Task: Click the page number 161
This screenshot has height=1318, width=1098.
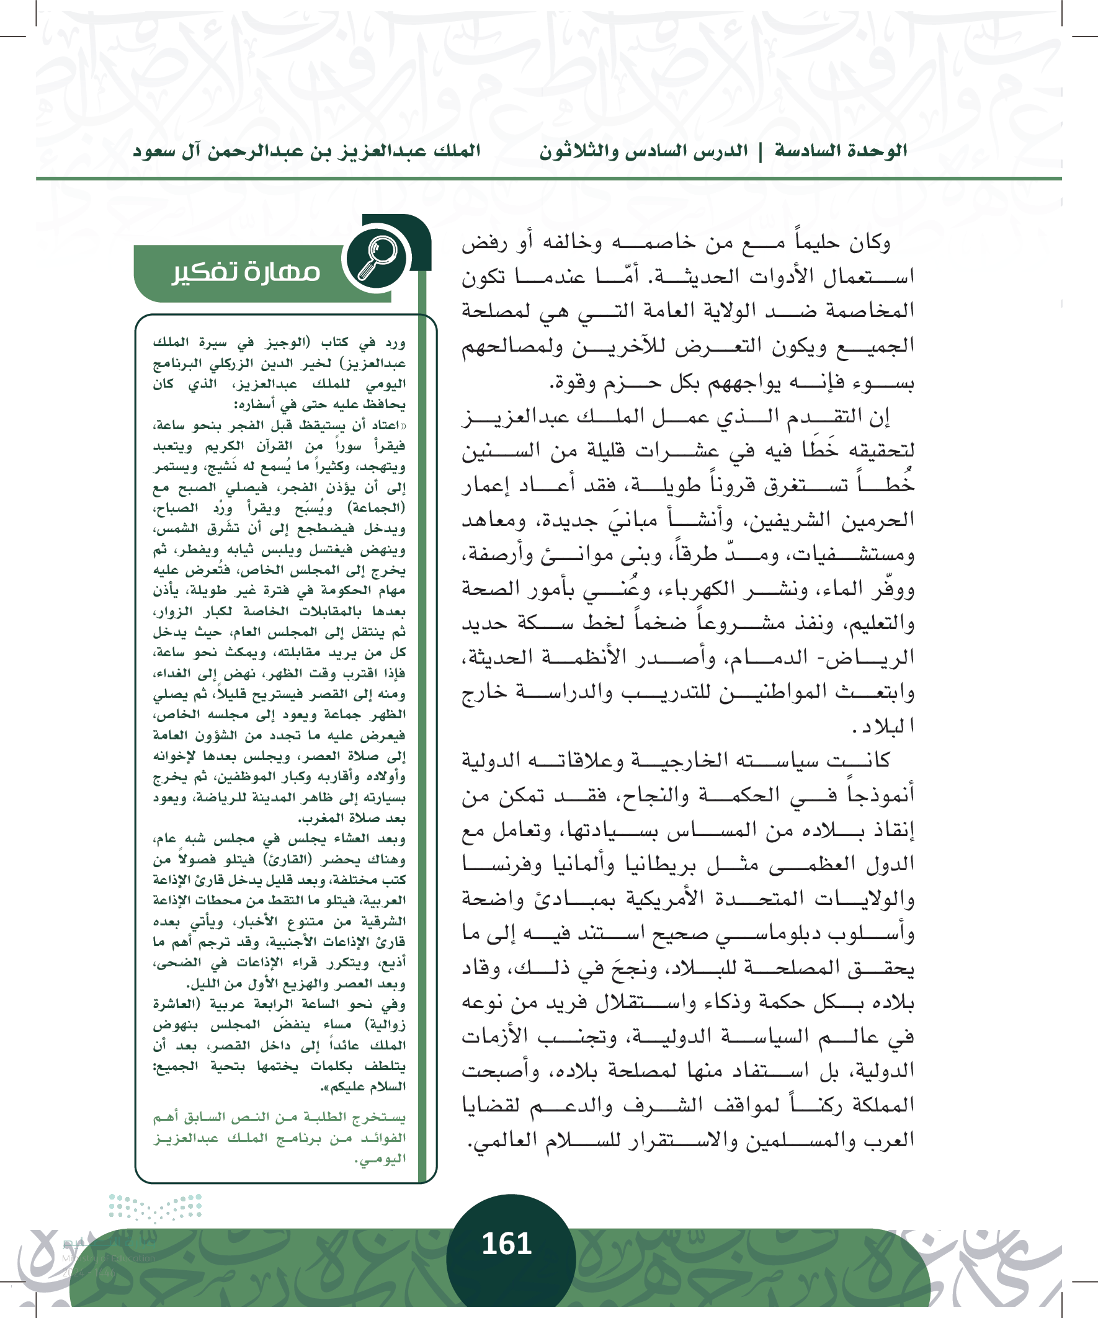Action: (507, 1244)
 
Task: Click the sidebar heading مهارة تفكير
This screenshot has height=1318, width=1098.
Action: (246, 272)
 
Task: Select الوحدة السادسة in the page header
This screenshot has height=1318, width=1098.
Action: (841, 151)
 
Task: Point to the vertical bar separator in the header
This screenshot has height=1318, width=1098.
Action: (761, 152)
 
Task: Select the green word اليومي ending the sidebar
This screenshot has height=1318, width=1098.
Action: (382, 1159)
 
